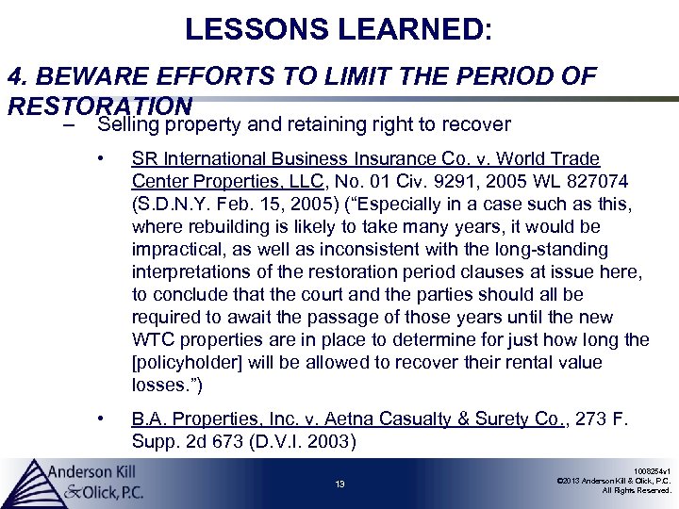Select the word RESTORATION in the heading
click(x=99, y=103)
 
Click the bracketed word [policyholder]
click(x=190, y=362)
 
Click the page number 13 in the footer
click(x=339, y=484)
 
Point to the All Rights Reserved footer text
click(x=638, y=491)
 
